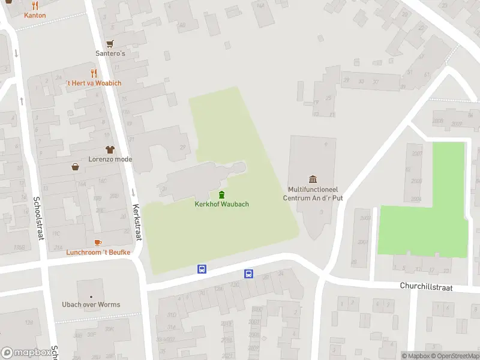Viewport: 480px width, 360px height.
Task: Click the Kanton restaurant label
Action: click(35, 15)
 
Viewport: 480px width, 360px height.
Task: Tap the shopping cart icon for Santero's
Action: click(110, 44)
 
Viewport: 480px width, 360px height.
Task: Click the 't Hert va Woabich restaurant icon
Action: click(94, 73)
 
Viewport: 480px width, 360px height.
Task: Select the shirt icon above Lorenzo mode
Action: click(110, 149)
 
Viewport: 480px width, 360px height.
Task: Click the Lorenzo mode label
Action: click(110, 159)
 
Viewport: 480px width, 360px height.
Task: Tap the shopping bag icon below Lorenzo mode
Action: click(76, 167)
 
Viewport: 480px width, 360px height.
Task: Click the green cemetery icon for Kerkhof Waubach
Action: click(222, 194)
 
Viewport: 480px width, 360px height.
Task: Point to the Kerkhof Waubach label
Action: click(222, 204)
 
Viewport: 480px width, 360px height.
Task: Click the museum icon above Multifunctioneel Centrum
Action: click(313, 179)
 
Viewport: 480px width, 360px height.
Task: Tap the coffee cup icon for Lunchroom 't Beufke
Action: click(98, 242)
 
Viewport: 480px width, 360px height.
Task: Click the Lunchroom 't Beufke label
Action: click(98, 252)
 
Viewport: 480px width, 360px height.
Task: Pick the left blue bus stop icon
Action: click(202, 269)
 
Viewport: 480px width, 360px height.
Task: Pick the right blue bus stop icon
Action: click(248, 274)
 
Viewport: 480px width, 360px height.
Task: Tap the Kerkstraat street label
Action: click(137, 221)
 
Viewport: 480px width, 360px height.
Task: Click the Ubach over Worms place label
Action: click(91, 304)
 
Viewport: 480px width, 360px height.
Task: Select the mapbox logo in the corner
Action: click(25, 353)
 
